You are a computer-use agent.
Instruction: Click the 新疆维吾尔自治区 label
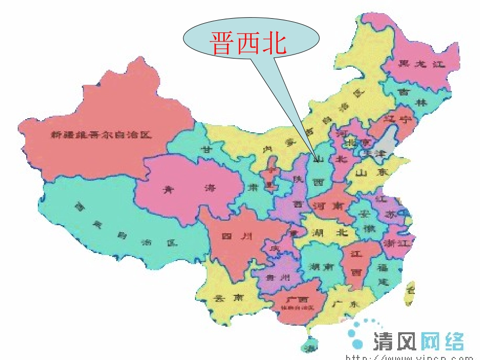pyautogui.click(x=101, y=135)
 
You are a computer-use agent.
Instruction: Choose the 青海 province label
pyautogui.click(x=188, y=189)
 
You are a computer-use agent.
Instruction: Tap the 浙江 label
pyautogui.click(x=398, y=243)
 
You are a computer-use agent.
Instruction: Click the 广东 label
pyautogui.click(x=346, y=305)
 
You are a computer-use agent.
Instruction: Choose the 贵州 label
pyautogui.click(x=278, y=277)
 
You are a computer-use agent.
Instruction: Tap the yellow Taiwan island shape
pyautogui.click(x=409, y=293)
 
